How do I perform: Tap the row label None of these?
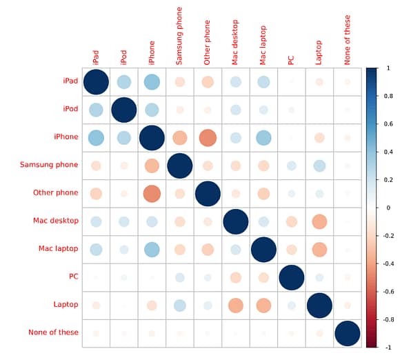click(54, 332)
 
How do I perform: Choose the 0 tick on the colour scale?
click(388, 208)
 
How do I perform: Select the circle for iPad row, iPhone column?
click(152, 82)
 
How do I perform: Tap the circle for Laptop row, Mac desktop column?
click(236, 305)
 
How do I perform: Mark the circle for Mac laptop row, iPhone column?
click(152, 249)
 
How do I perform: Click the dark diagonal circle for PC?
click(291, 277)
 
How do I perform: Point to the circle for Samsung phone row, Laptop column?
click(319, 166)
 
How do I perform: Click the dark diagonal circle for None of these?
click(347, 333)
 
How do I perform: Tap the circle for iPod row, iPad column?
click(96, 110)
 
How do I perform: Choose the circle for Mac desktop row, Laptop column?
click(319, 221)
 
